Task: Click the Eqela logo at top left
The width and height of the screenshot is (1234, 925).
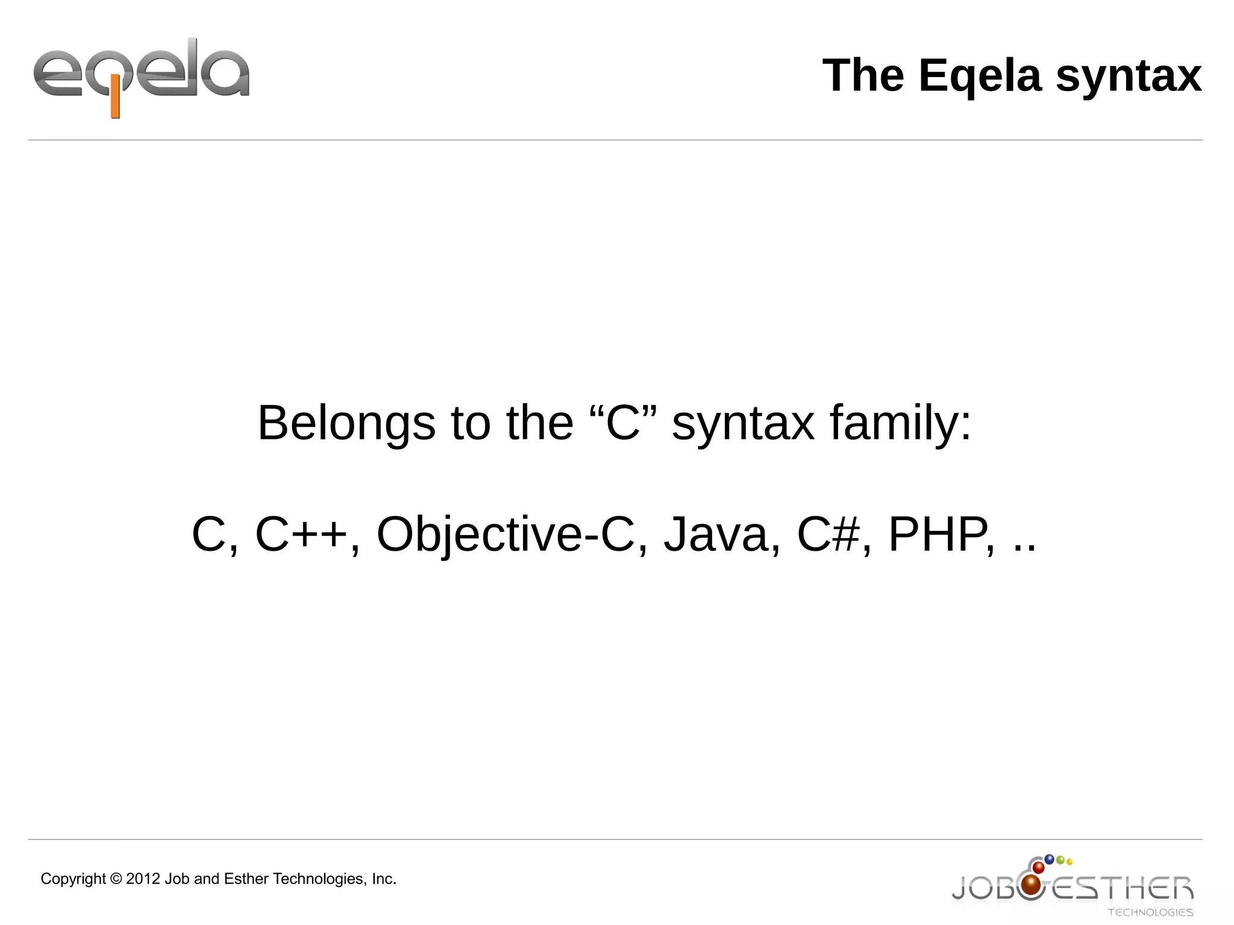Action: pos(141,77)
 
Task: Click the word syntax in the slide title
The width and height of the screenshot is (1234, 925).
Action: pos(1128,77)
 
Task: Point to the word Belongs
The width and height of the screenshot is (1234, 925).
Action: pos(346,424)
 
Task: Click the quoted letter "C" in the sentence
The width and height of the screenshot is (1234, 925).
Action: pos(622,424)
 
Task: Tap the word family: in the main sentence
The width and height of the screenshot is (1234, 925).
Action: pos(900,424)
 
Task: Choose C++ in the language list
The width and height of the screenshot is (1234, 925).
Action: pos(301,535)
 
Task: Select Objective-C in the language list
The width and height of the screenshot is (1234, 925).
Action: pos(506,535)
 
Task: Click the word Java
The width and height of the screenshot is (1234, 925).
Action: pos(716,535)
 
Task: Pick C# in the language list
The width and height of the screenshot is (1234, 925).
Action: pos(828,535)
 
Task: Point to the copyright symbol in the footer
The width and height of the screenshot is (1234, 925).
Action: pos(116,879)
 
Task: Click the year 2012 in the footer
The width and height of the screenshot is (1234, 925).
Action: pos(143,879)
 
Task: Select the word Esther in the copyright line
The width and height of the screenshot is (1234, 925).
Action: pos(246,879)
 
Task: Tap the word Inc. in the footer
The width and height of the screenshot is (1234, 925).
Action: pos(384,879)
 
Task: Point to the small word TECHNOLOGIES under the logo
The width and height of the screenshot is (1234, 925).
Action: pos(1150,912)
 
